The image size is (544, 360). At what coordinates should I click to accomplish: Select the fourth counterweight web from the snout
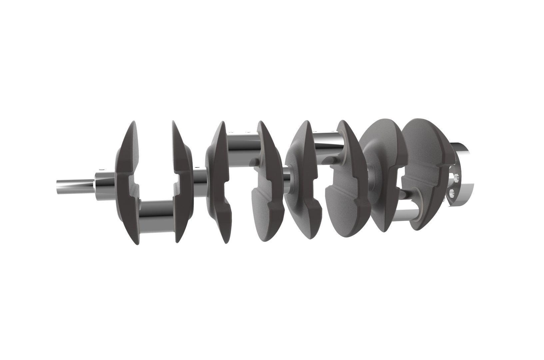268,187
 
